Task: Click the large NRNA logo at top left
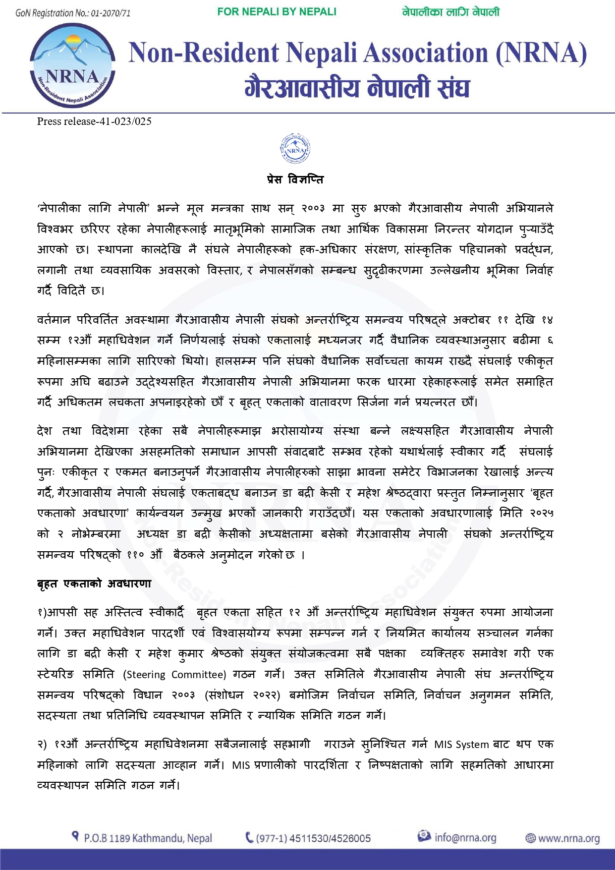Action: click(x=73, y=65)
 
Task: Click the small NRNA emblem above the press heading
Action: click(x=295, y=148)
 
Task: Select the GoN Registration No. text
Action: click(x=73, y=13)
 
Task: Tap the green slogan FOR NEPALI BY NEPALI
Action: click(x=277, y=12)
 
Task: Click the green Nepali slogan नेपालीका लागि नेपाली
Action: click(x=450, y=12)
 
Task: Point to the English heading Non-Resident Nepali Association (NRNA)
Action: click(x=358, y=53)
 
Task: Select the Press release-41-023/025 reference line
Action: click(x=94, y=121)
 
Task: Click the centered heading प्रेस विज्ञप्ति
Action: click(x=295, y=179)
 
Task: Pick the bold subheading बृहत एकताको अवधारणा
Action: click(x=94, y=583)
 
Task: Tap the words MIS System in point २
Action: click(x=461, y=744)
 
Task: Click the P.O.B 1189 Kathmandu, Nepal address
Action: click(x=148, y=838)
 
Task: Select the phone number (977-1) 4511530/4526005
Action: click(x=313, y=838)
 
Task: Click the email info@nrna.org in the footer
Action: click(x=465, y=838)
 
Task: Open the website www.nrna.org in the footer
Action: click(x=568, y=838)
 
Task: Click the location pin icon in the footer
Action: click(x=75, y=837)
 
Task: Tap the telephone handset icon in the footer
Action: click(x=249, y=838)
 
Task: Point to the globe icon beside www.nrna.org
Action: click(x=531, y=838)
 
